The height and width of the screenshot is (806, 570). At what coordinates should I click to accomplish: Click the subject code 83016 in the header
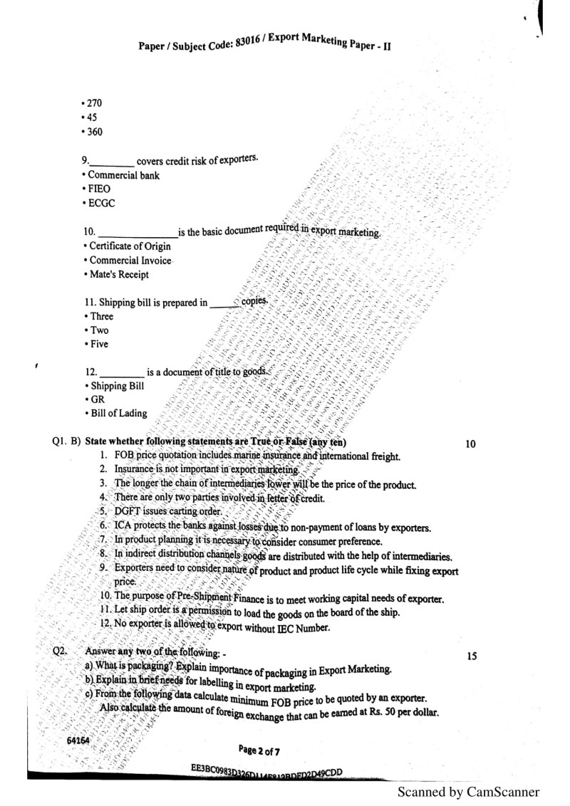click(x=249, y=44)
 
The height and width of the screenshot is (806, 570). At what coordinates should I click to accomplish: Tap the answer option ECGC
click(x=99, y=203)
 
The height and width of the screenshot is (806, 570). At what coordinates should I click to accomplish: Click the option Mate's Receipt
click(x=119, y=274)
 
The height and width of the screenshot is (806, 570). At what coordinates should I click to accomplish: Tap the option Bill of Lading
click(x=118, y=413)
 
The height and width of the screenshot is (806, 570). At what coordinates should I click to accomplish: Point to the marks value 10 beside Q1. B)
click(x=470, y=444)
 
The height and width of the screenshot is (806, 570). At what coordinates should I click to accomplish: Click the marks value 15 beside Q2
click(x=471, y=656)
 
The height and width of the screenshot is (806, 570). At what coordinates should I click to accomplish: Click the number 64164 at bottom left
click(x=78, y=740)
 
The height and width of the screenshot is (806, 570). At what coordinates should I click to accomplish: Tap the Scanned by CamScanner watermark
click(x=468, y=792)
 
